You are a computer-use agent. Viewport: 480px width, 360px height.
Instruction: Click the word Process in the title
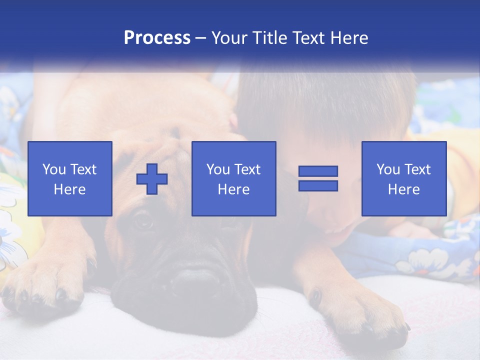[157, 37]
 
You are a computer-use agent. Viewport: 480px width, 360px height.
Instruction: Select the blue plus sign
[152, 179]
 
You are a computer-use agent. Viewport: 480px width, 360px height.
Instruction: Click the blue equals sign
[318, 178]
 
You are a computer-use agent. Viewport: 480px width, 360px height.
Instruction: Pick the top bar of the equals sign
[318, 171]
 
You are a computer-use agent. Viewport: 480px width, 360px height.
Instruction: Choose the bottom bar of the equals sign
[318, 185]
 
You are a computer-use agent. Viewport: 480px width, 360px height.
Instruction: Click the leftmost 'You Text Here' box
[69, 178]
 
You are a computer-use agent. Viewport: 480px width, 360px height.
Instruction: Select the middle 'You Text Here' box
[233, 178]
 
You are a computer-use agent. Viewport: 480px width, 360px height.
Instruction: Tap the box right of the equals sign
[403, 178]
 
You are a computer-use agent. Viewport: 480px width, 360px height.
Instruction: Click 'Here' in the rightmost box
[403, 189]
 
